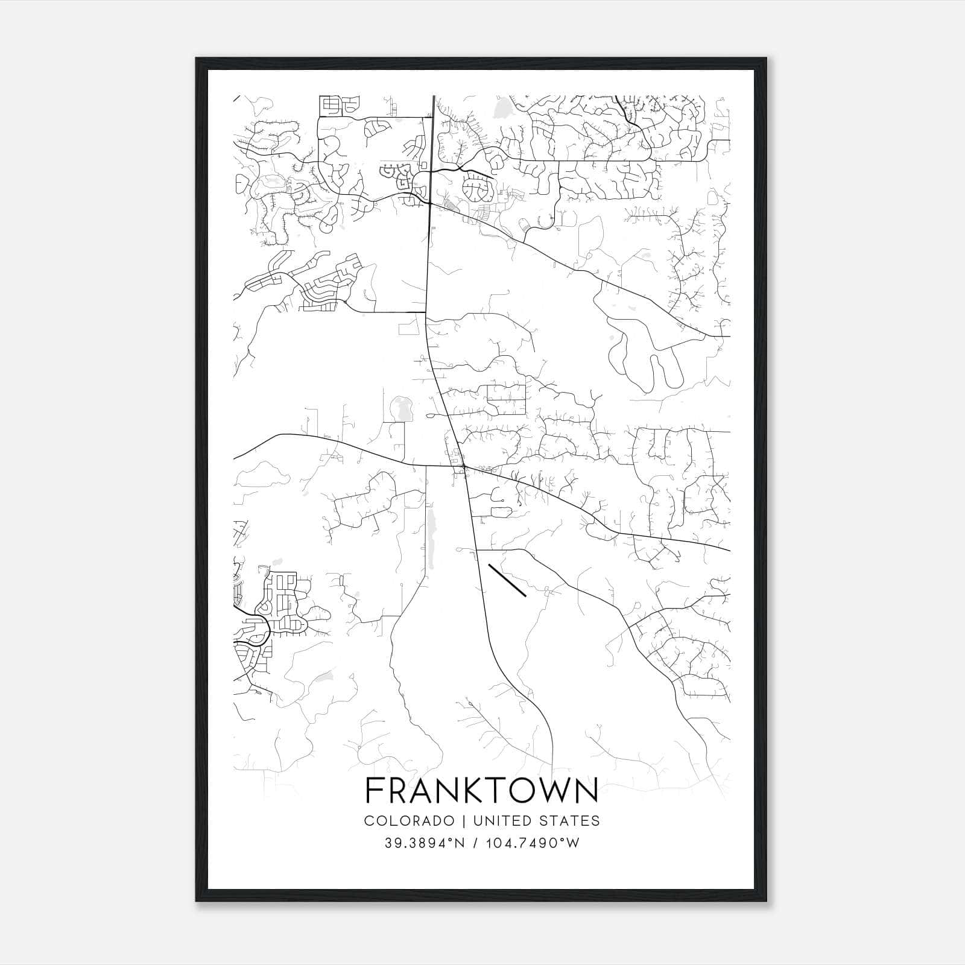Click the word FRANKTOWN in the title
pyautogui.click(x=482, y=790)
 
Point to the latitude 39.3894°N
pyautogui.click(x=425, y=843)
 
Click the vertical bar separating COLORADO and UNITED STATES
pyautogui.click(x=464, y=821)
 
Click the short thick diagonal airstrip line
pyautogui.click(x=507, y=580)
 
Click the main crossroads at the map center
pyautogui.click(x=463, y=467)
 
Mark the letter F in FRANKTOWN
pyautogui.click(x=375, y=790)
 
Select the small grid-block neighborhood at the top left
pyautogui.click(x=331, y=105)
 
